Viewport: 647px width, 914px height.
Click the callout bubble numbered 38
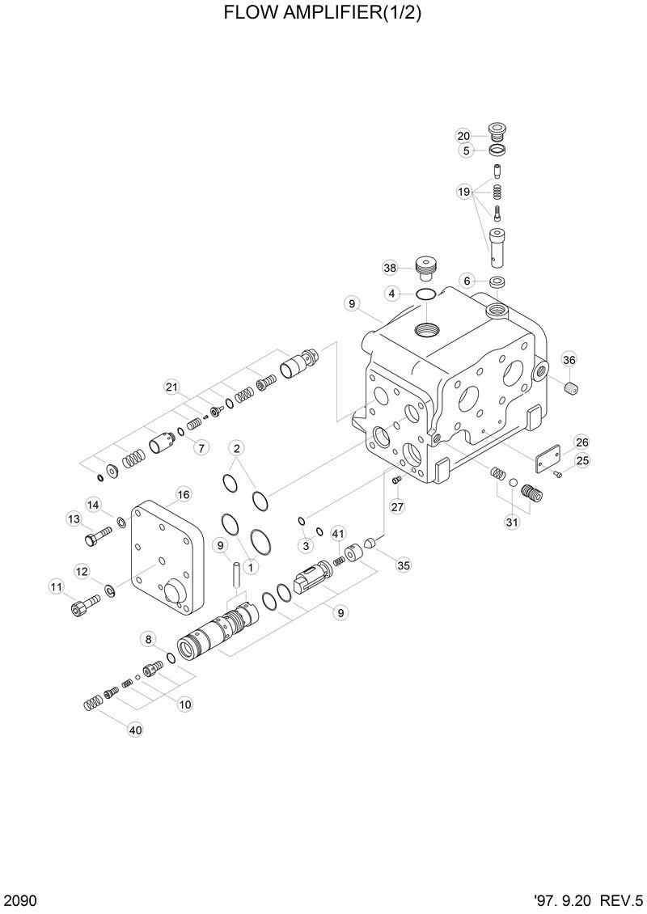(391, 268)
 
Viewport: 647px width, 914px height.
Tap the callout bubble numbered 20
(463, 135)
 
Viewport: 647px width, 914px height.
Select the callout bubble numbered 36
(569, 360)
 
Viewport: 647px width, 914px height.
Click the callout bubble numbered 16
(183, 494)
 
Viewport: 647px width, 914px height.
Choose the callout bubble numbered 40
(135, 730)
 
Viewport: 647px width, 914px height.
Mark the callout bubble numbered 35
(403, 565)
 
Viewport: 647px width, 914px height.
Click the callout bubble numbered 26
(582, 442)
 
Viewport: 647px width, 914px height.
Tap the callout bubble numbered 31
(511, 523)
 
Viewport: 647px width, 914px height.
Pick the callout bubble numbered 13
(74, 518)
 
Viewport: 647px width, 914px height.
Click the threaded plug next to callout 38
(424, 265)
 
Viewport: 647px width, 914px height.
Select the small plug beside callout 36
(573, 389)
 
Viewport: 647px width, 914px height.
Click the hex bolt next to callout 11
(85, 603)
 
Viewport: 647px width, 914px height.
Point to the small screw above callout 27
(396, 481)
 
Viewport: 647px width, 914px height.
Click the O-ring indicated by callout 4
(426, 293)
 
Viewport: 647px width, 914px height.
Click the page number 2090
(19, 900)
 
